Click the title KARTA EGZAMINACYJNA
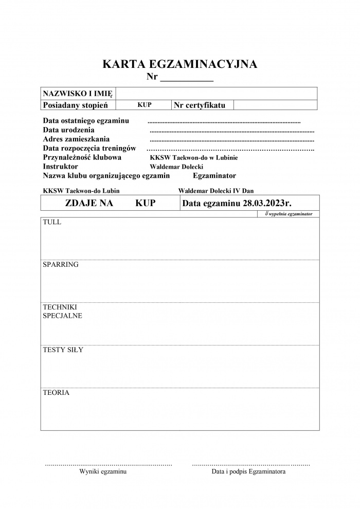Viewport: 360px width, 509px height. pos(180,64)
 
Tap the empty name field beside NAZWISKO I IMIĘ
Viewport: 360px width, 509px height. pos(216,94)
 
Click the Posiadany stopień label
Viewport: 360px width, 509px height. pos(75,105)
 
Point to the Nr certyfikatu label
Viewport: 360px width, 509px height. pos(200,105)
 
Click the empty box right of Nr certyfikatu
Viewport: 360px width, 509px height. pos(275,105)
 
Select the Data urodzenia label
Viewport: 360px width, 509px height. pos(69,130)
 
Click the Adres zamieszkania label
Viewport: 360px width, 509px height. pos(76,139)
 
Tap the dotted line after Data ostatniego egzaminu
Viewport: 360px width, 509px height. pos(224,122)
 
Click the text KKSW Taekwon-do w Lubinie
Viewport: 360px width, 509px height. pos(194,158)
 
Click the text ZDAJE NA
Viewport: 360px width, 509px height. pos(89,203)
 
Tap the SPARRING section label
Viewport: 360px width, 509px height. pos(61,265)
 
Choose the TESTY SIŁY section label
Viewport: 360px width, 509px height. pos(63,350)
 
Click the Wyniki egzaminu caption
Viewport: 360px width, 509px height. pos(103,471)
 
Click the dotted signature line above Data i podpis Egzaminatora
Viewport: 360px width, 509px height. pos(250,464)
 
